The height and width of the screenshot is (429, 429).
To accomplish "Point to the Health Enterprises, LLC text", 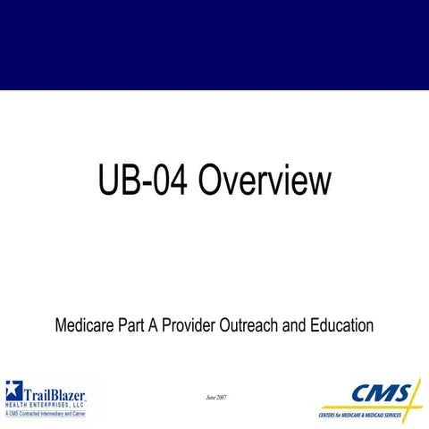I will (x=46, y=405).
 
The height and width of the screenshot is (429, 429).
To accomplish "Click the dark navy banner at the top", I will (x=214, y=45).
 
